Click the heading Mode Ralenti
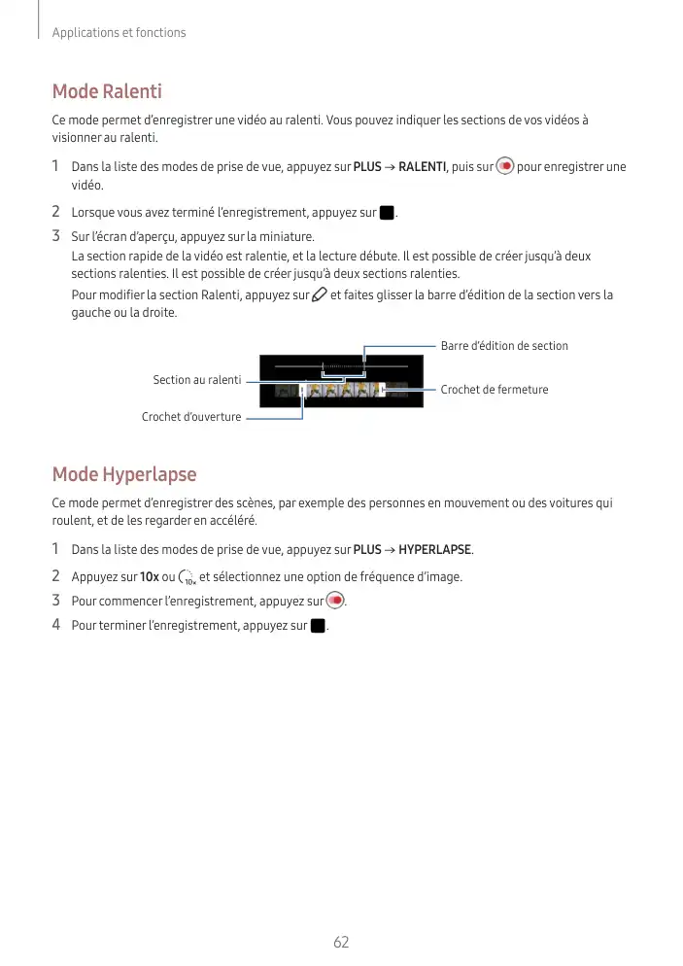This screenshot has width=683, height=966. [x=107, y=92]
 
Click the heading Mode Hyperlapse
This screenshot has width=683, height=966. [x=124, y=474]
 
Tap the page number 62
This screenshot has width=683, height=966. [x=341, y=942]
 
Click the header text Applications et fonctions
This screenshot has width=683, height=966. [x=119, y=33]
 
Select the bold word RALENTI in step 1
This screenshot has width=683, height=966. [x=421, y=167]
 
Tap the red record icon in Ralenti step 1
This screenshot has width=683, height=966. [x=504, y=166]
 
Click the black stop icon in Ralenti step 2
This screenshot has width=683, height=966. [x=387, y=212]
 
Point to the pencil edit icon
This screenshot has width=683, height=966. [x=319, y=294]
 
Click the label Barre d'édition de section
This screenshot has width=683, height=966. [x=504, y=346]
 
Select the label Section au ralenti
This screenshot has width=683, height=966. [x=197, y=379]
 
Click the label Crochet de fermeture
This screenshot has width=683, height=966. [x=495, y=390]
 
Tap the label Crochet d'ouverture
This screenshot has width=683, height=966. [x=191, y=417]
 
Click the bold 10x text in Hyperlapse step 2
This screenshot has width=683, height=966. [x=150, y=577]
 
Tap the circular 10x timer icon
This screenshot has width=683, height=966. [x=188, y=577]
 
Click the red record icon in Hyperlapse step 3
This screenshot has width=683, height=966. [x=335, y=600]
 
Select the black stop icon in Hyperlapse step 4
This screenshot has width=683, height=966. [x=317, y=625]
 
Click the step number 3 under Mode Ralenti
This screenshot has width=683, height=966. [x=56, y=236]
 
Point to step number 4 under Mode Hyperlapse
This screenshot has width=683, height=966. [x=56, y=624]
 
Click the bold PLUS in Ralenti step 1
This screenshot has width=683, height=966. [x=367, y=167]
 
